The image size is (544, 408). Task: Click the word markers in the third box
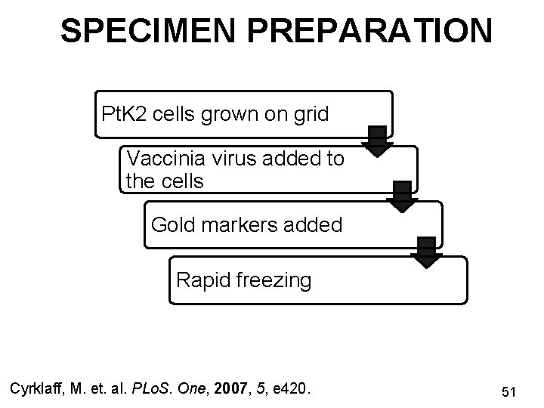(239, 224)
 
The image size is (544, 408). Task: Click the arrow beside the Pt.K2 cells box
(377, 139)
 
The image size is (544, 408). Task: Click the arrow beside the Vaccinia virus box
(403, 195)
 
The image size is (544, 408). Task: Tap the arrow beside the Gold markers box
(428, 252)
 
